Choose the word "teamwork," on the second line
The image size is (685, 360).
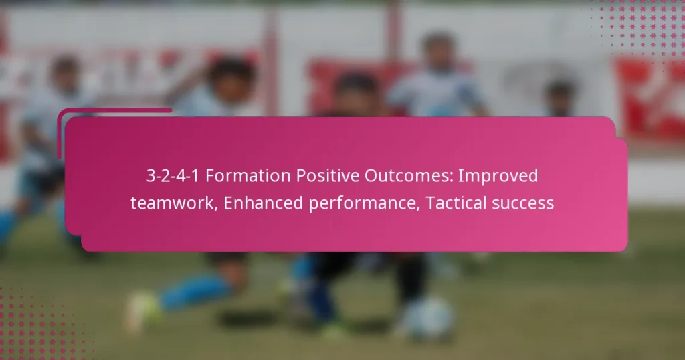coord(174,203)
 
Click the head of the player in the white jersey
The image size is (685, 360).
coord(437,50)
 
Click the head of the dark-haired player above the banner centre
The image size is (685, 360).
coord(355,90)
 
